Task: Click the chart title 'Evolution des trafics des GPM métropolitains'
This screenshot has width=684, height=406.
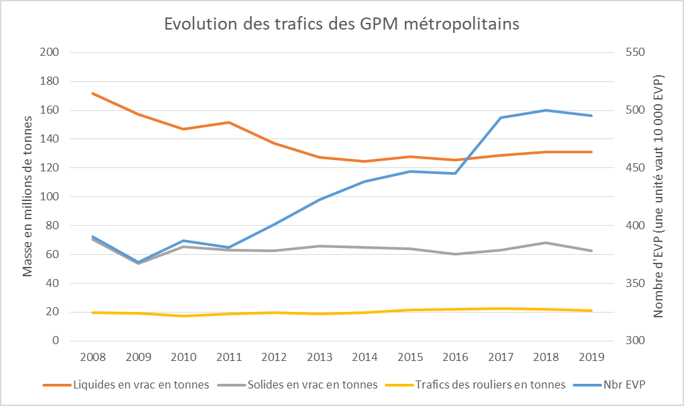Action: [342, 24]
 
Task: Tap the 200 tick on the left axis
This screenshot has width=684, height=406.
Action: [50, 52]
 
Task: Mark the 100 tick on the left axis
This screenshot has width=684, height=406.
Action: [50, 197]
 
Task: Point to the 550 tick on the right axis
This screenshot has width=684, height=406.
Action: [635, 52]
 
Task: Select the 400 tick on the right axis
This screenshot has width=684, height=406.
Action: [635, 226]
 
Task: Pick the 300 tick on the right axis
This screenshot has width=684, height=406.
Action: [635, 341]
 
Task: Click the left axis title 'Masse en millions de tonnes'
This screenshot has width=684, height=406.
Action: [28, 196]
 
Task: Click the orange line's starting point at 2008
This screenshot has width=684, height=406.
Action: [92, 93]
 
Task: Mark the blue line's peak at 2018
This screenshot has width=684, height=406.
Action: [546, 110]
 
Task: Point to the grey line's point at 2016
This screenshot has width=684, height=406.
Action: [455, 254]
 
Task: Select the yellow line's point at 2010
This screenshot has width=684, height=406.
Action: [183, 316]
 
